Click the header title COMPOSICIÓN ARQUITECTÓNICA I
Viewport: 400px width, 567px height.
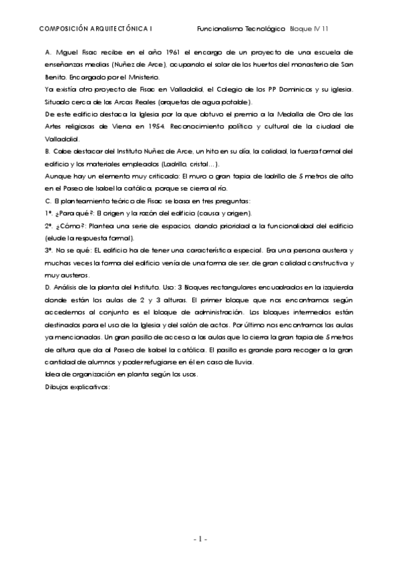[96, 29]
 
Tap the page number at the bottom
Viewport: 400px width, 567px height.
[200, 538]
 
